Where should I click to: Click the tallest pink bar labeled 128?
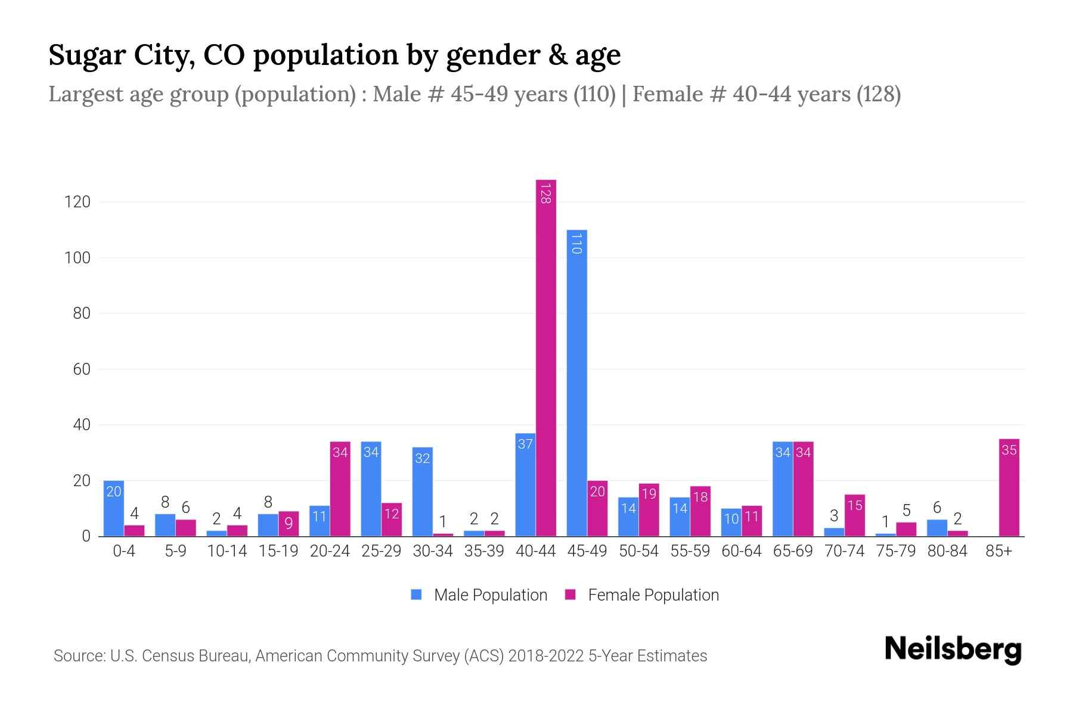545,357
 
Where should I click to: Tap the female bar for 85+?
1009,487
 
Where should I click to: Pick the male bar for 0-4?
113,508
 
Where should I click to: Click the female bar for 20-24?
340,489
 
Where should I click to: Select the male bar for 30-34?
422,492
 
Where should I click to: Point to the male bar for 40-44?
525,484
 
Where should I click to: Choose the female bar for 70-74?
854,515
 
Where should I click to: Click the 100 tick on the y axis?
77,258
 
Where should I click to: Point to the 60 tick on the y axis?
81,369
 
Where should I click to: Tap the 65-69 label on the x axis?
792,551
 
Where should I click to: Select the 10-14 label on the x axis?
227,551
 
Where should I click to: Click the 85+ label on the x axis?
998,551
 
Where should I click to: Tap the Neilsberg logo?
953,649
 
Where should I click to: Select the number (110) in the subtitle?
594,94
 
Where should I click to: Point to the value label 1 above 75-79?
885,522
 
